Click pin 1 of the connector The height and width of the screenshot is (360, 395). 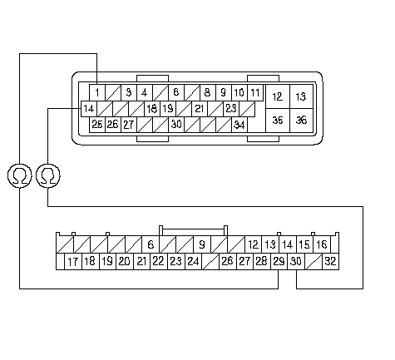(97, 92)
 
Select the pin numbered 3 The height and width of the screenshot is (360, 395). (129, 92)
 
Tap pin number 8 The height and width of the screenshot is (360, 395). (208, 92)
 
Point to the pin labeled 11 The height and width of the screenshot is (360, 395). (255, 92)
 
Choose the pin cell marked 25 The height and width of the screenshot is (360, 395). (97, 125)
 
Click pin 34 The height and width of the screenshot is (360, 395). (239, 125)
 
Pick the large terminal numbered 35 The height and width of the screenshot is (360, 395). (278, 121)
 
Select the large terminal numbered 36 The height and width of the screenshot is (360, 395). (302, 121)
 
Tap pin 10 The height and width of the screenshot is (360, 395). (239, 92)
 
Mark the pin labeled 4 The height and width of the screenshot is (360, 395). (145, 92)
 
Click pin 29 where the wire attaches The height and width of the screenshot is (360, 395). (279, 261)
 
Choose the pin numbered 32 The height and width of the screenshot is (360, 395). (330, 261)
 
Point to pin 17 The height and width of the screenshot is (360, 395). (73, 261)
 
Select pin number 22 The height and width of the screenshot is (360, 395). (159, 261)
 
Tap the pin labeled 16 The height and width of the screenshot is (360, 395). (322, 244)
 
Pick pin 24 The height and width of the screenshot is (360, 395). (193, 261)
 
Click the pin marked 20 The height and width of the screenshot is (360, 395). (125, 261)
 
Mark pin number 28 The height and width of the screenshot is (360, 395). (262, 261)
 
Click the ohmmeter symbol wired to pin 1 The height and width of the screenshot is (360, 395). (19, 175)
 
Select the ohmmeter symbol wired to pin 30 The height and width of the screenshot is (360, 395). (48, 175)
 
